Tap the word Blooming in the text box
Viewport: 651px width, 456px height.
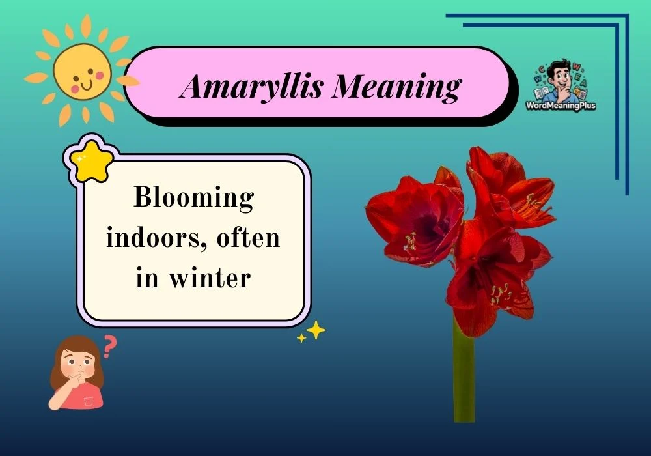point(193,197)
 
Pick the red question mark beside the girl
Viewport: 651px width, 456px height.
point(110,346)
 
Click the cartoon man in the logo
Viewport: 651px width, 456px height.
point(559,78)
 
